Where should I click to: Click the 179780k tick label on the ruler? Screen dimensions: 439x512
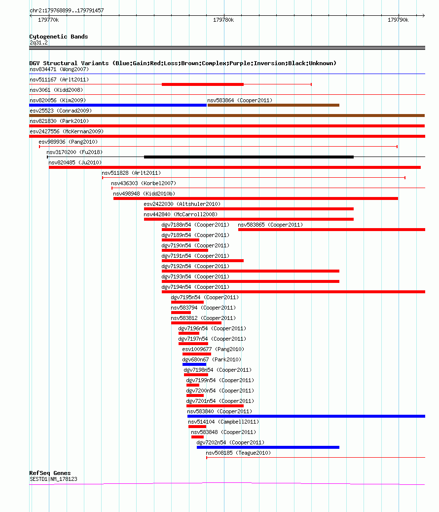coord(223,20)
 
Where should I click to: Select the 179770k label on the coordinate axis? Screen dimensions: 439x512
coord(48,20)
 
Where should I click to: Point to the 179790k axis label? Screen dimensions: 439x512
coord(398,20)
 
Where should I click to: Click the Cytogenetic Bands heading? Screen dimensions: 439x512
coord(59,37)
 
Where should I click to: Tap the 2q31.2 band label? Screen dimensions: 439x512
coord(38,43)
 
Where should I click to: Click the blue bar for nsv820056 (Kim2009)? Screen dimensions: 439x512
coord(118,105)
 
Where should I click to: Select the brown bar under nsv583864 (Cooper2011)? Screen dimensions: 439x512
coord(273,105)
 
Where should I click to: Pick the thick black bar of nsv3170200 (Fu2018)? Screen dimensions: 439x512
coord(249,157)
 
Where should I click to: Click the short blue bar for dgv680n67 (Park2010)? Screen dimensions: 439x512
coord(194,364)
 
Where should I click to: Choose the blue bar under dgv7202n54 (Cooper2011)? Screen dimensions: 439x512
coord(268,447)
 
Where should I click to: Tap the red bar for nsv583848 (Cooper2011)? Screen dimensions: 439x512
coord(198,437)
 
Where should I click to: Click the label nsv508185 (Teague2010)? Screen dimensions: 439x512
coord(238,453)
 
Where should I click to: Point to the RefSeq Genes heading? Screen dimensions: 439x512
coord(50,473)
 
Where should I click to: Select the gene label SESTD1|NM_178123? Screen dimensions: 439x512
coord(53,479)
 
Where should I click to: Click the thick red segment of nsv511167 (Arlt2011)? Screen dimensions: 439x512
coord(203,84)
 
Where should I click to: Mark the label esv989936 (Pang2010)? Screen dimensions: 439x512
coord(68,142)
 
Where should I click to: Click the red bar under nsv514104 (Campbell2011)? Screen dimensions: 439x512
coord(197,427)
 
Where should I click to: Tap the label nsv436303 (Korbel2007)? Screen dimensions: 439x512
coord(144,184)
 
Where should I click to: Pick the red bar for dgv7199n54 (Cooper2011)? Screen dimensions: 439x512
coord(193,385)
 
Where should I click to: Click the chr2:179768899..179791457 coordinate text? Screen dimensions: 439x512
coord(67,10)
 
